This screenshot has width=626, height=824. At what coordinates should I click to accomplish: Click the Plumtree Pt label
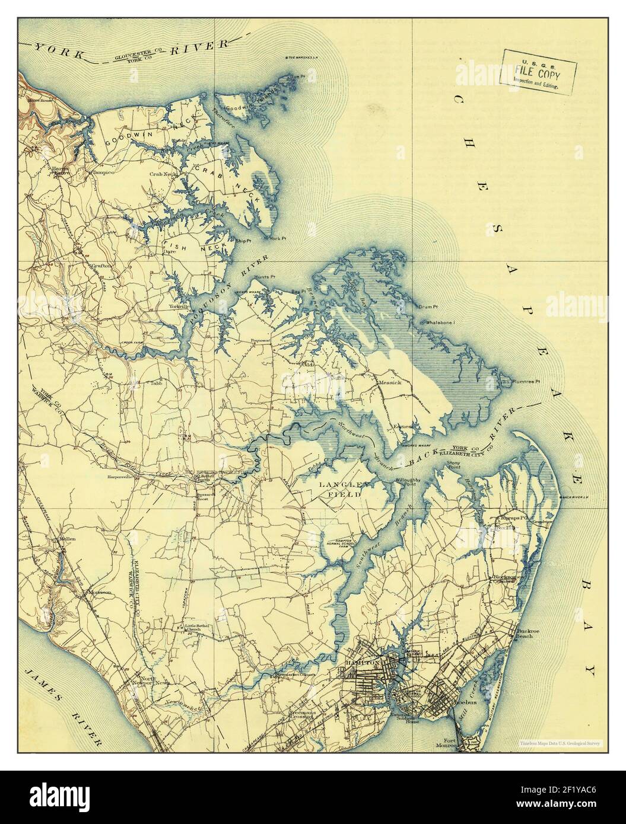[521, 382]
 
